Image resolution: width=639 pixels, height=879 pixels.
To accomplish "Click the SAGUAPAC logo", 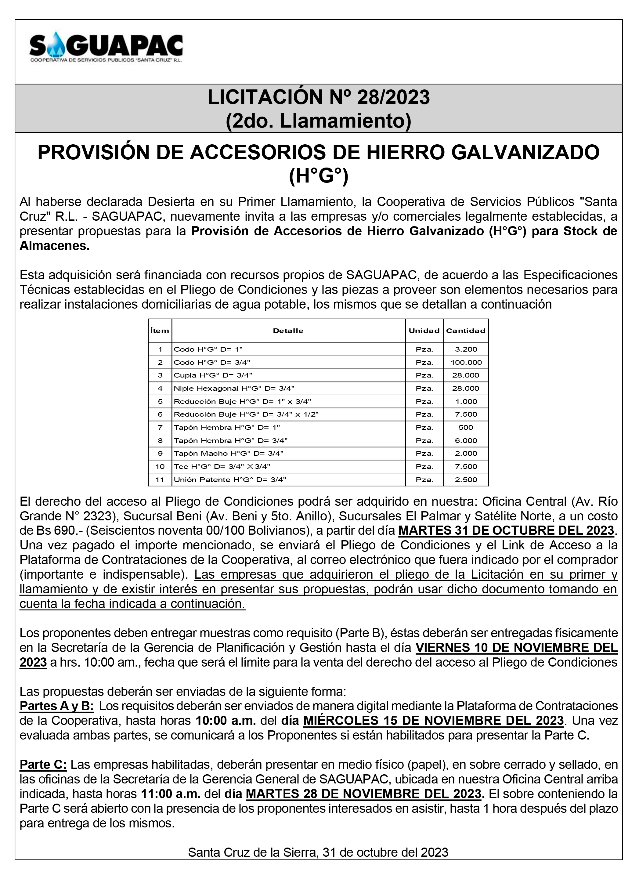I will pos(106,47).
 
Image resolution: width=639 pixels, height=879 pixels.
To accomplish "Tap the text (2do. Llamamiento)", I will pos(319,121).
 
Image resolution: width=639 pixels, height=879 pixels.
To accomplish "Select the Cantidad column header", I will pos(465,331).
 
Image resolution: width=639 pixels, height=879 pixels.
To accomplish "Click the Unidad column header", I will pos(424,331).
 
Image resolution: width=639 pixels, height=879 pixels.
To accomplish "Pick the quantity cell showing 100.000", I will pos(466,362).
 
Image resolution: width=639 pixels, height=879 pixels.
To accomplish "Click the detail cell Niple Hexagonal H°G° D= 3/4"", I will pos(234,388).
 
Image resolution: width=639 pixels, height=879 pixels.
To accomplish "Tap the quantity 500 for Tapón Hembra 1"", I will pos(466,428).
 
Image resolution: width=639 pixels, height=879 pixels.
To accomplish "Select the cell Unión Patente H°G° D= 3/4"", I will pos(230,479).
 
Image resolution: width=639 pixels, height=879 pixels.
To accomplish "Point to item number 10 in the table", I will pos(160,467).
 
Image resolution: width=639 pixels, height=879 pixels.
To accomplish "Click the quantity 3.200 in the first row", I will pos(466,349).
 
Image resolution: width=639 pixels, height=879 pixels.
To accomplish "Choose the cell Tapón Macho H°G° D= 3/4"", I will pos(229,454).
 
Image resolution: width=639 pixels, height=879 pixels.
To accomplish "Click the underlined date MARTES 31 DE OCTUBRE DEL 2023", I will pos(506,530).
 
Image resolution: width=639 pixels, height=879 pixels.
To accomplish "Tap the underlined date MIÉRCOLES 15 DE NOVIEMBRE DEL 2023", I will pos(433,721).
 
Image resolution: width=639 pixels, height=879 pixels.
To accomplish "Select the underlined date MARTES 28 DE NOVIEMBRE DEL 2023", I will pos(363,794).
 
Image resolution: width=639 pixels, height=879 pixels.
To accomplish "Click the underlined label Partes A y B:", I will pos(56,706).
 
